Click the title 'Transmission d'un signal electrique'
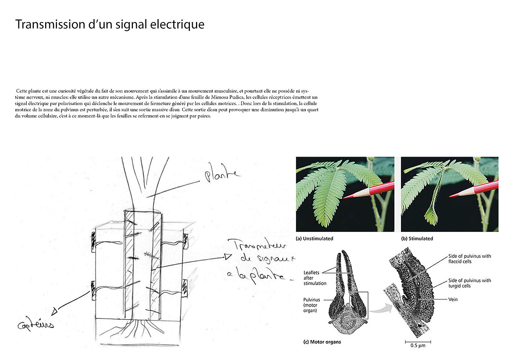pos(110,24)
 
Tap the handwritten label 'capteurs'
pos(36,324)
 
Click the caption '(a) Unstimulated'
pos(314,239)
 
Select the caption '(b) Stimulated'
pos(417,239)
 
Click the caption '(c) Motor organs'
pos(322,342)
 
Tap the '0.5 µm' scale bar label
pos(417,346)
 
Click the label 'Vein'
pos(453,299)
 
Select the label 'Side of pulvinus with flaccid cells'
pos(469,258)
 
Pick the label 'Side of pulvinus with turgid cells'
pos(469,283)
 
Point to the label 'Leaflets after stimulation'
pos(315,278)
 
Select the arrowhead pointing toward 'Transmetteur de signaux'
pos(228,257)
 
